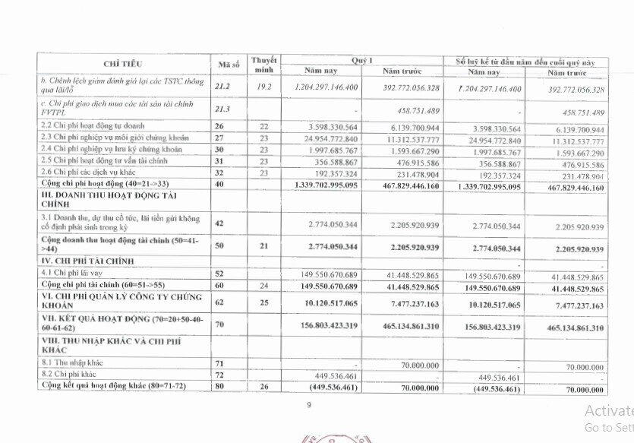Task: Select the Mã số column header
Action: coord(230,65)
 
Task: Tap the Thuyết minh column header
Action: coord(263,65)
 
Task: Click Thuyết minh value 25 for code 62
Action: coord(263,305)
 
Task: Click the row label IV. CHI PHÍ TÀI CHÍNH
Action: coord(91,261)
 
